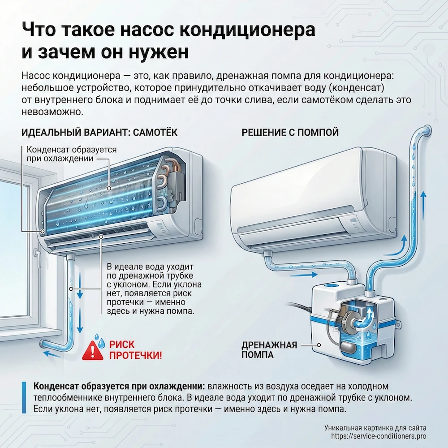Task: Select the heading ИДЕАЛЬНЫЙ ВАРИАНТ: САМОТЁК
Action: [99, 133]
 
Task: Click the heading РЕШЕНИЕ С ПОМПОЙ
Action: [290, 133]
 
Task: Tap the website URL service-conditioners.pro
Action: [379, 436]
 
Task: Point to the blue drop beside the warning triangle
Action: [102, 344]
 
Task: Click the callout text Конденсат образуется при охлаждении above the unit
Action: [72, 154]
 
